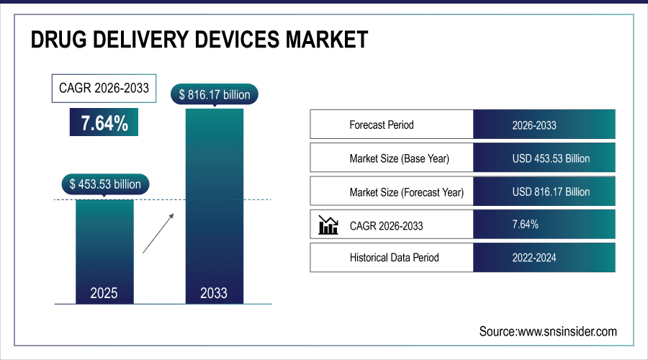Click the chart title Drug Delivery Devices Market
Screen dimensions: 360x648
[199, 40]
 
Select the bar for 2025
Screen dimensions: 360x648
[104, 245]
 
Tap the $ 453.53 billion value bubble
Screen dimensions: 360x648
[105, 184]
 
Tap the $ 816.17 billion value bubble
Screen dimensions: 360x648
[214, 94]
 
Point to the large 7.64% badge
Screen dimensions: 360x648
[104, 123]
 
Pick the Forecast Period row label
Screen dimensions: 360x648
[382, 125]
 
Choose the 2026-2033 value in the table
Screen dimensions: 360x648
[534, 125]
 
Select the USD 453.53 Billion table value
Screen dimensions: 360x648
[551, 158]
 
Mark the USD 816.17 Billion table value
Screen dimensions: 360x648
[551, 192]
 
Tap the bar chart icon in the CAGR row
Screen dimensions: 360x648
[328, 225]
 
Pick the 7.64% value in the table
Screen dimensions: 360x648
[525, 225]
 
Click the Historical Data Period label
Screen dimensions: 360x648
[394, 257]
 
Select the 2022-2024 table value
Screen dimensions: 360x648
[534, 257]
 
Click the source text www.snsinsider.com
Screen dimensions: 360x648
[548, 331]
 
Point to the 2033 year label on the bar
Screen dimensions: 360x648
[214, 293]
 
